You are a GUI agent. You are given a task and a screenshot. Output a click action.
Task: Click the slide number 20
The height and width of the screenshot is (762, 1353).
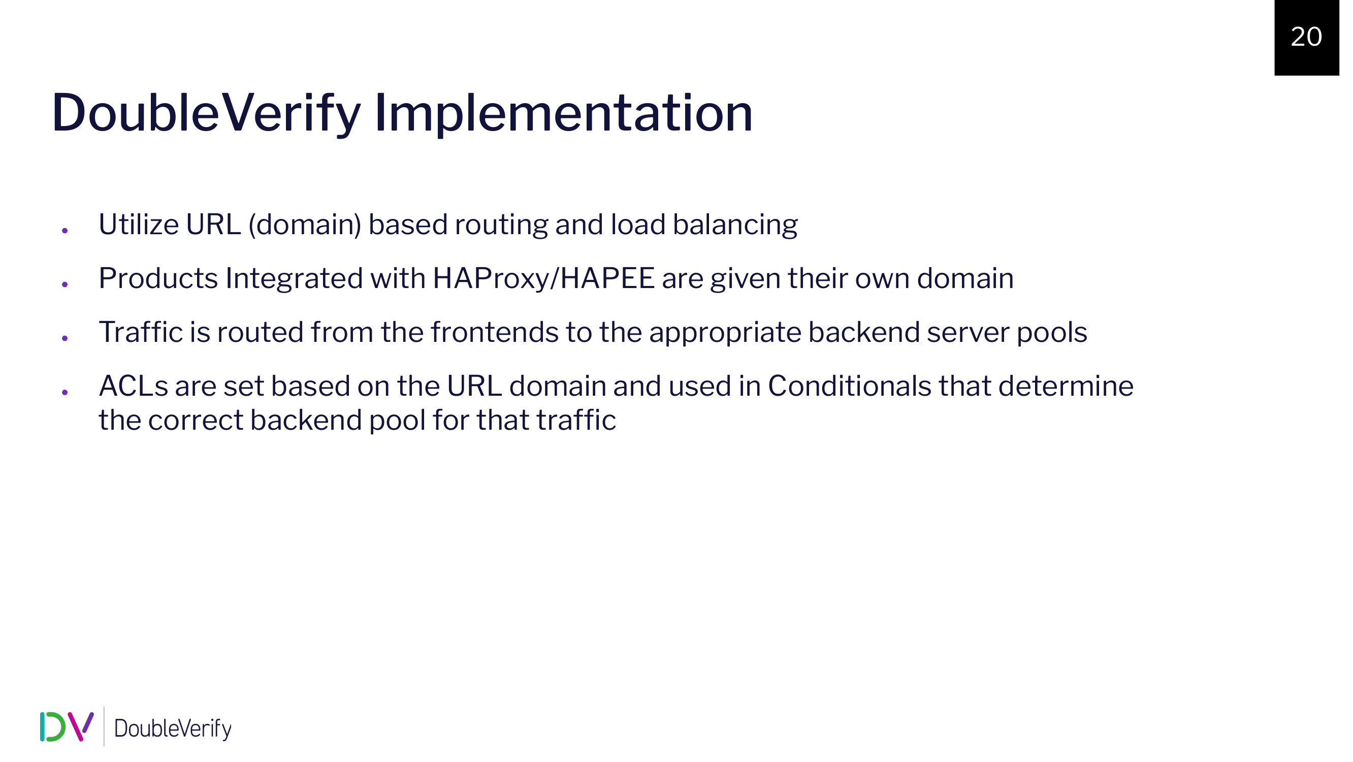[x=1306, y=37]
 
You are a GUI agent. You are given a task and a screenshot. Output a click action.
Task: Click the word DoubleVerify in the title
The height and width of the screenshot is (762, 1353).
[x=206, y=113]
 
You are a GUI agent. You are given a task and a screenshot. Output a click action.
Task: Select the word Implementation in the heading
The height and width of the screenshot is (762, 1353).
[x=564, y=113]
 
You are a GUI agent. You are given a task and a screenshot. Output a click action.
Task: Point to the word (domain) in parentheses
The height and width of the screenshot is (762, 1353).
[x=305, y=225]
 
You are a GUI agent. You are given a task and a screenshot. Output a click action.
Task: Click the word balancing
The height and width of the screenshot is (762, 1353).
[x=735, y=226]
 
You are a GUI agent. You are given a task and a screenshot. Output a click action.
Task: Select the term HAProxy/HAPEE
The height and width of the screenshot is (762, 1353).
[x=543, y=278]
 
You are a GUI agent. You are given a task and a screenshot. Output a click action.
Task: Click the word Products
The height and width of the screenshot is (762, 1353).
[x=158, y=278]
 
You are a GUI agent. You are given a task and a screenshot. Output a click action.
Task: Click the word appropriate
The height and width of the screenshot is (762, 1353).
[x=725, y=333]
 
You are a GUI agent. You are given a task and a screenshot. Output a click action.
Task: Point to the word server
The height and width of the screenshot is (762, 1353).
[x=968, y=333]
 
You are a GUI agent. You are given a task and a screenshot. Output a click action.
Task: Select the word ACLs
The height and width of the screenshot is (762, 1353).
[x=134, y=386]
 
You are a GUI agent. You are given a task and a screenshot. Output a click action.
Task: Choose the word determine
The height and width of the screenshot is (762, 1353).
[x=1066, y=386]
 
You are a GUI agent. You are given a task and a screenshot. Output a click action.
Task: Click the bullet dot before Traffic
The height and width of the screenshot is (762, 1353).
[x=65, y=338]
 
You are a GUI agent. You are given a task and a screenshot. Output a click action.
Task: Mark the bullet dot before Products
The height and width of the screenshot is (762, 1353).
[x=65, y=284]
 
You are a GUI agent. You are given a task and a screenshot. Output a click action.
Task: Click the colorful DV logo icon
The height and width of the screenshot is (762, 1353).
[x=67, y=727]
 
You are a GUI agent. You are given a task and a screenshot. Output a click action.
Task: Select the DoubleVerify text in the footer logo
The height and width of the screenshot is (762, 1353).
[x=173, y=728]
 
